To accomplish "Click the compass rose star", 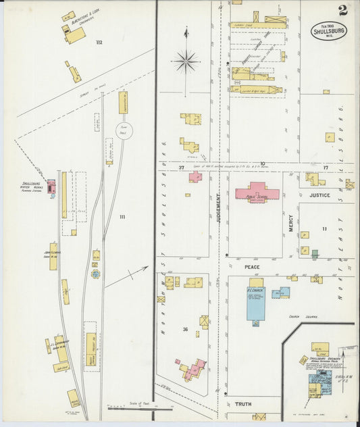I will pyautogui.click(x=185, y=61).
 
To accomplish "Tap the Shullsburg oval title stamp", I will pyautogui.click(x=329, y=30).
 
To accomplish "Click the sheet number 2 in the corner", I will pyautogui.click(x=343, y=10).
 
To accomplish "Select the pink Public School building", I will pyautogui.click(x=257, y=191).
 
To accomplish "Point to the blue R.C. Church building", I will pyautogui.click(x=256, y=303).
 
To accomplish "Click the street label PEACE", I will pyautogui.click(x=261, y=267).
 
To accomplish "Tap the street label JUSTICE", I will pyautogui.click(x=320, y=195).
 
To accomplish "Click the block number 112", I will pyautogui.click(x=99, y=43).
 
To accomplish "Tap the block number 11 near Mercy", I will pyautogui.click(x=324, y=229).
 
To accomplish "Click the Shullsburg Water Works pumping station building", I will pyautogui.click(x=51, y=184).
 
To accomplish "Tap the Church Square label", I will pyautogui.click(x=294, y=316).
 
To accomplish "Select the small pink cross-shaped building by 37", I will pyautogui.click(x=195, y=176).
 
